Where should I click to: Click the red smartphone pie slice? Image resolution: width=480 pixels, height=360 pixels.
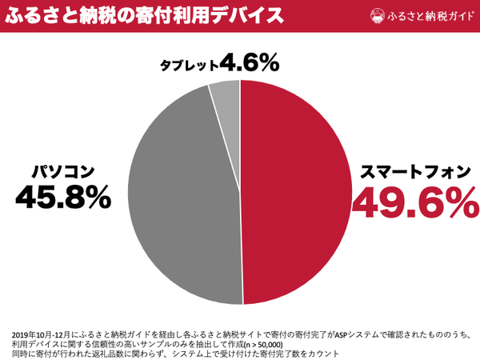(x=296, y=192)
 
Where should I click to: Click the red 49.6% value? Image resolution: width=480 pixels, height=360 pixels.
(x=409, y=205)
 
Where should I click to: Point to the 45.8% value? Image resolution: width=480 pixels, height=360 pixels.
(x=62, y=198)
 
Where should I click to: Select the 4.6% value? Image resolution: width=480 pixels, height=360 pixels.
(x=250, y=62)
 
